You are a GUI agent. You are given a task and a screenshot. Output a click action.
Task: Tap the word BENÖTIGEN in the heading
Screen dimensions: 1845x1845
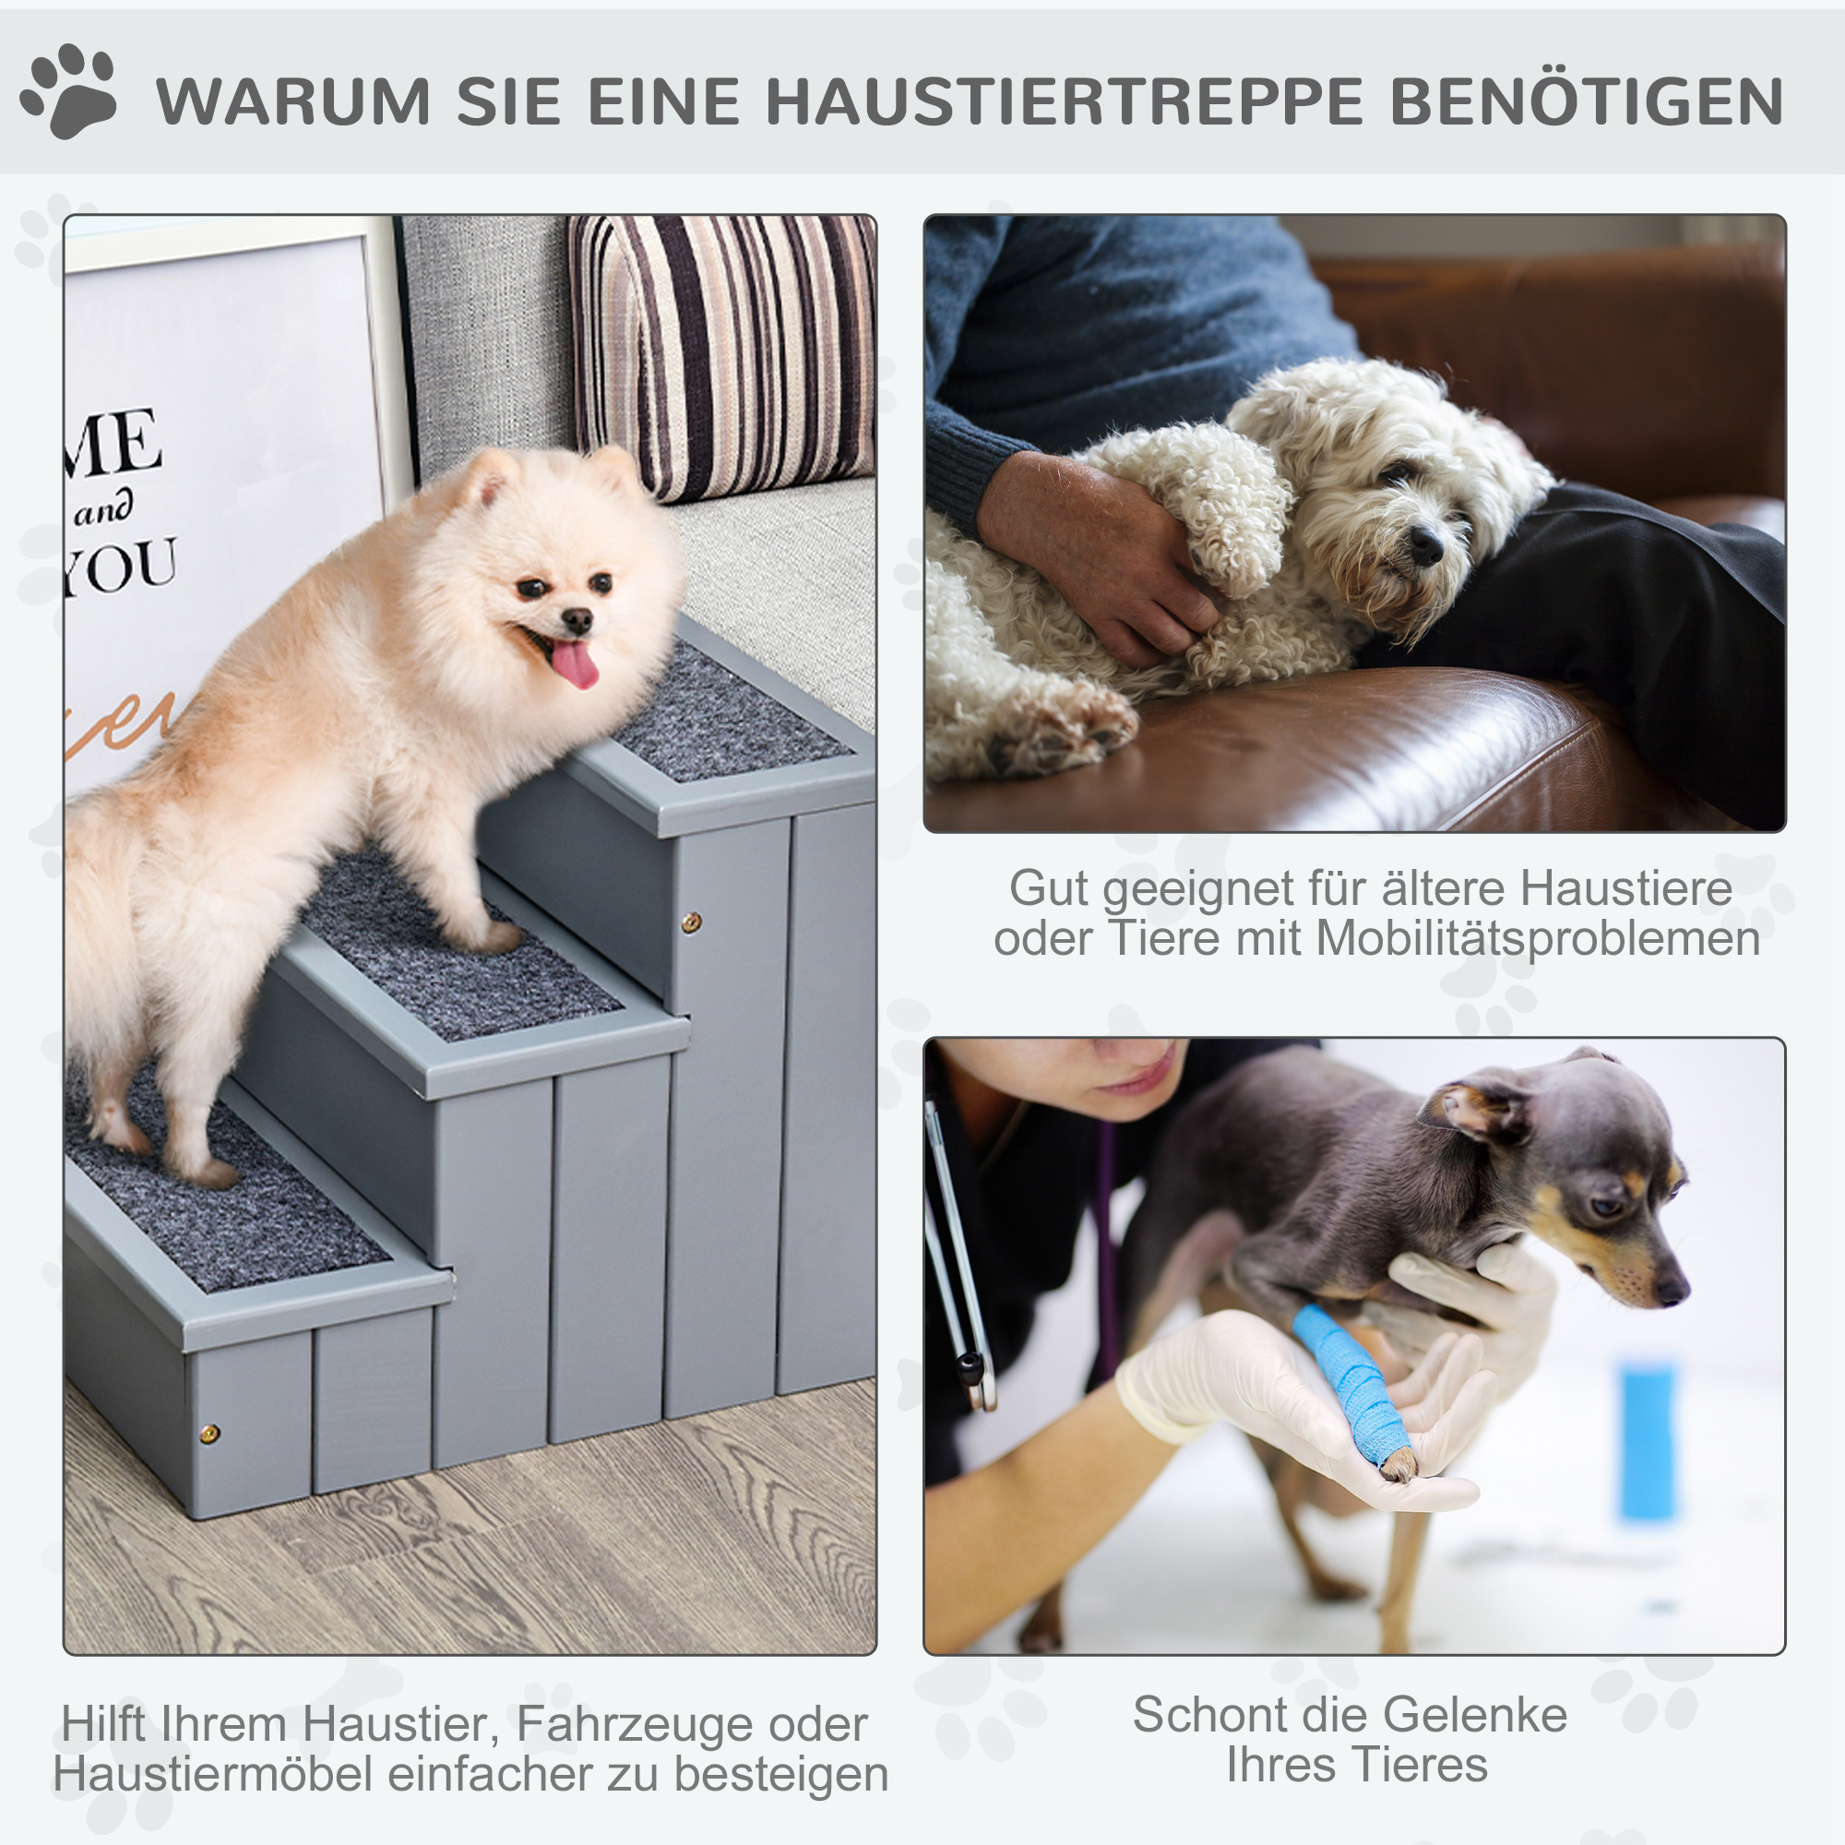click(x=1586, y=101)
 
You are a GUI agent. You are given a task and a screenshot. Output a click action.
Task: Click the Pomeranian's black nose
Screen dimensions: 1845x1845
click(x=577, y=622)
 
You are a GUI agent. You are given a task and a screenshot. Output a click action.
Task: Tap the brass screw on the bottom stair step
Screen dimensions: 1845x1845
click(x=209, y=1433)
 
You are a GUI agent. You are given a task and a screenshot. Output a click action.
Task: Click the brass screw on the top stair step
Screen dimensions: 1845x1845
click(x=690, y=922)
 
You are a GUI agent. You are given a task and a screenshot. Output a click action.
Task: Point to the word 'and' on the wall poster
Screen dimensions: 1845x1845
click(x=103, y=510)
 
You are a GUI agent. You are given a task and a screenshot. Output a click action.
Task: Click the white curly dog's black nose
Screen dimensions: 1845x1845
click(x=1426, y=544)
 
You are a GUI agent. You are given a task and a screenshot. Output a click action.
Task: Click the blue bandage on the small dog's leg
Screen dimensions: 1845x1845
click(x=1350, y=1381)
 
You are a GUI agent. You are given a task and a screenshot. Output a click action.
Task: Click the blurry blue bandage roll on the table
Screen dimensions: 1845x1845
click(x=1648, y=1442)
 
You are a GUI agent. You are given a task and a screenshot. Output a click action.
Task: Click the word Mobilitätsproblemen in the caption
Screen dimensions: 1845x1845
click(x=1538, y=939)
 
